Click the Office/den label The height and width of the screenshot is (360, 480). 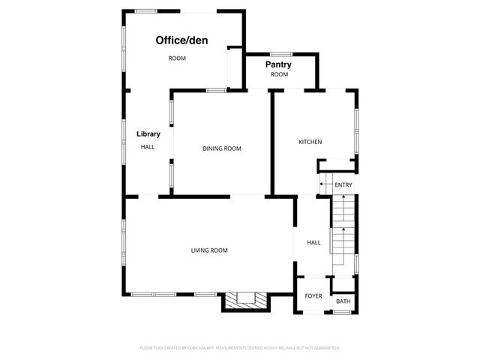[x=181, y=40]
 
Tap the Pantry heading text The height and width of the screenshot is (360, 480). [x=278, y=64]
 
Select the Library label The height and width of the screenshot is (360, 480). [x=148, y=134]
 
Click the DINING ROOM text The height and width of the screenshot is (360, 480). [x=222, y=148]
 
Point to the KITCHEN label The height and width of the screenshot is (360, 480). [x=310, y=142]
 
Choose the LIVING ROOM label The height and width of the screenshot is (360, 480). [x=209, y=250]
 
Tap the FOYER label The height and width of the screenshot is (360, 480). [x=313, y=296]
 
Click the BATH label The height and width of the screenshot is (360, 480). [x=343, y=301]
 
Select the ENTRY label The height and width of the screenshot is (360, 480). [x=343, y=185]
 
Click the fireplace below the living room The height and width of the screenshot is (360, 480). [x=244, y=300]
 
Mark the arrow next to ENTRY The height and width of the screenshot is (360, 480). [x=323, y=184]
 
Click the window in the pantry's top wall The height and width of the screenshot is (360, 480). [x=281, y=54]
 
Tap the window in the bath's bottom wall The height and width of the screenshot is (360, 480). [x=342, y=311]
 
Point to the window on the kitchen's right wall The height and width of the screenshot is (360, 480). [x=358, y=125]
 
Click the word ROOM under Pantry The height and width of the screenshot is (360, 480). [x=279, y=75]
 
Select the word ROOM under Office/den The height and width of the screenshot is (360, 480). [x=177, y=58]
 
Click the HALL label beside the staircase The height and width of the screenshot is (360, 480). [x=313, y=242]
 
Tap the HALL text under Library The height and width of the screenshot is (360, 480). [x=148, y=147]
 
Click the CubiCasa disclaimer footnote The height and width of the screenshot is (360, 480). [x=240, y=348]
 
